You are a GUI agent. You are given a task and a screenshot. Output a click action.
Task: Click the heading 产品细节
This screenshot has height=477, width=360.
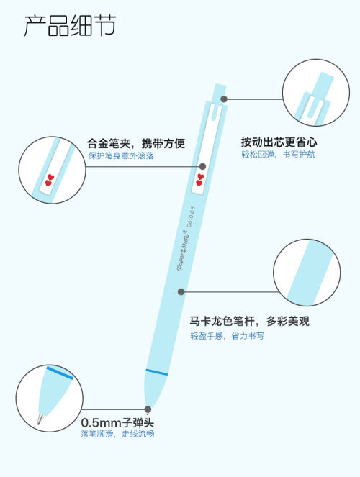[x=70, y=26]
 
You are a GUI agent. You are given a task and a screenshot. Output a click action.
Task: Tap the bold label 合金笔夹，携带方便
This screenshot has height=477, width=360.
[x=136, y=143]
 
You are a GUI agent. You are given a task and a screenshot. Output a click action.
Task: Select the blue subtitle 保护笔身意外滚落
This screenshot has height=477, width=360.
[x=121, y=155]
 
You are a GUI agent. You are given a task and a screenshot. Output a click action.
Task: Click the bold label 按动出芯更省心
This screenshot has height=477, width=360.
[x=279, y=142]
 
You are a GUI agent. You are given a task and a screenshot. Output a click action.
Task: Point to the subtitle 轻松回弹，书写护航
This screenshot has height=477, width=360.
[x=279, y=154]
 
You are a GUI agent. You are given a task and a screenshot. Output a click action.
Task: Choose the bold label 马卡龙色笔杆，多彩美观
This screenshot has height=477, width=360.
[x=250, y=322]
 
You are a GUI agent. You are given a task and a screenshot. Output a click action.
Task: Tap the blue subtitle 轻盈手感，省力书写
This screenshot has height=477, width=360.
[x=227, y=336]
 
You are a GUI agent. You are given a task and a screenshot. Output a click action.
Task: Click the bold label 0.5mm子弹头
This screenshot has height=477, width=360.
[x=117, y=423]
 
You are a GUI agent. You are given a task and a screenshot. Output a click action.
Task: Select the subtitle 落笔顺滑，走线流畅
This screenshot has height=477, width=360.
[x=117, y=434]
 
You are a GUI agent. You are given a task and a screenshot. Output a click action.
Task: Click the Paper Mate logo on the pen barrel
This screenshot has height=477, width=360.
[x=183, y=250]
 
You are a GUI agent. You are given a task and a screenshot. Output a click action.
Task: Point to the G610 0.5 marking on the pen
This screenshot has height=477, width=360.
[x=191, y=218]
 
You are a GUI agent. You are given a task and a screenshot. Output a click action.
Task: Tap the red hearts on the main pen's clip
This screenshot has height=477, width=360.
[x=199, y=180]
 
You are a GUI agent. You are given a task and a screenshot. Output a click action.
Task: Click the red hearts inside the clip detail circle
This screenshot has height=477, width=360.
[x=50, y=180]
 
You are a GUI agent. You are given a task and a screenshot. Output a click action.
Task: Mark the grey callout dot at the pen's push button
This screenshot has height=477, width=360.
[x=224, y=99]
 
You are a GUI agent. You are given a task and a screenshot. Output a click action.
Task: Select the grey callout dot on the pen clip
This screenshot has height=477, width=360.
[x=202, y=166]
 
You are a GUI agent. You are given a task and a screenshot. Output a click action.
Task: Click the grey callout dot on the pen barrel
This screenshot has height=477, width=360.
[x=181, y=291]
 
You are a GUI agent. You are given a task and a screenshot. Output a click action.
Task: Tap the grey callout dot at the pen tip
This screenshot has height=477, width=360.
[x=148, y=409]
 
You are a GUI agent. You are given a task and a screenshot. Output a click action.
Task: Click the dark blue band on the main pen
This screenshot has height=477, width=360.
[x=157, y=372]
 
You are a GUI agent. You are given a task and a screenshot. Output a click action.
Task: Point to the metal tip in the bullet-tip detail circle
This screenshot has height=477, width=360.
[x=40, y=418]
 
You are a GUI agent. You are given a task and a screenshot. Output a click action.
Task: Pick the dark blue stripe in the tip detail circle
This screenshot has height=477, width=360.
[x=60, y=373]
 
